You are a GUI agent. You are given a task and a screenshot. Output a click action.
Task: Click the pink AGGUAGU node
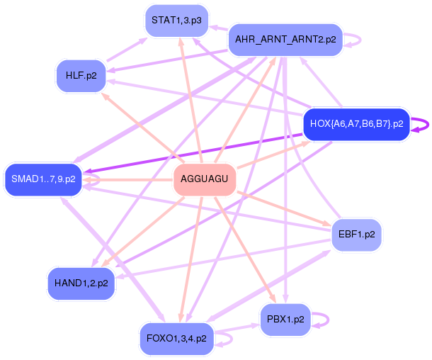pos(204,179)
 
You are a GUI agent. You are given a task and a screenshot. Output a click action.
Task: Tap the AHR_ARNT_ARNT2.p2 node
pos(285,39)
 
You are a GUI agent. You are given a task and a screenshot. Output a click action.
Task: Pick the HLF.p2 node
pos(81,75)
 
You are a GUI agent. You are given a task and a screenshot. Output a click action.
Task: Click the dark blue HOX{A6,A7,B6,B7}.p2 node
pos(356,124)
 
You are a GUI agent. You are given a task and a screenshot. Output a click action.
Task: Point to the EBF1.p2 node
pos(357,233)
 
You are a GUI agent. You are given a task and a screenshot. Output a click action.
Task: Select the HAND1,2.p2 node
pos(81,283)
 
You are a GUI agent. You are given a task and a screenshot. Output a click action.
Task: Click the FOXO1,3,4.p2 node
pos(176,338)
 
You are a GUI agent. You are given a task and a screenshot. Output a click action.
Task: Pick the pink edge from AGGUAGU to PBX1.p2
pos(244,248)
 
